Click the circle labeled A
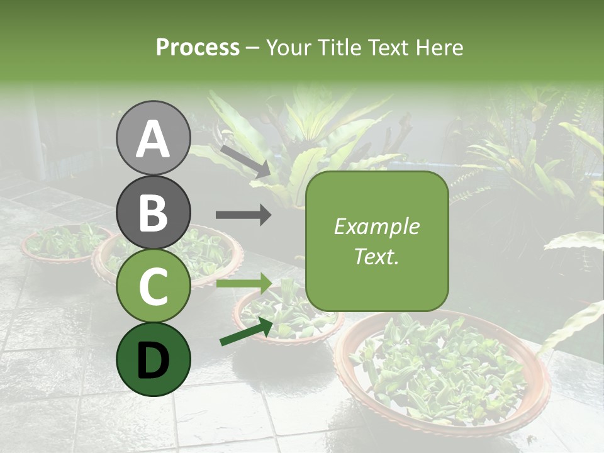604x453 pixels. coord(153,138)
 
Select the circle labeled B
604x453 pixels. coord(153,212)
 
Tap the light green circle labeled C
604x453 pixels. coord(153,286)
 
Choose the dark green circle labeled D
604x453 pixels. coord(153,359)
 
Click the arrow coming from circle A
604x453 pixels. coord(245,160)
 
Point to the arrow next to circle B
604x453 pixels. coord(243,215)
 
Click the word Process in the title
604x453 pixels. coord(198,47)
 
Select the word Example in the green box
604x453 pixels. coord(376,226)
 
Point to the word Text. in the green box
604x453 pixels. coord(376,256)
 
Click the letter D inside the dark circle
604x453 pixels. coord(153,361)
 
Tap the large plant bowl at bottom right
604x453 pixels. coord(440,371)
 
